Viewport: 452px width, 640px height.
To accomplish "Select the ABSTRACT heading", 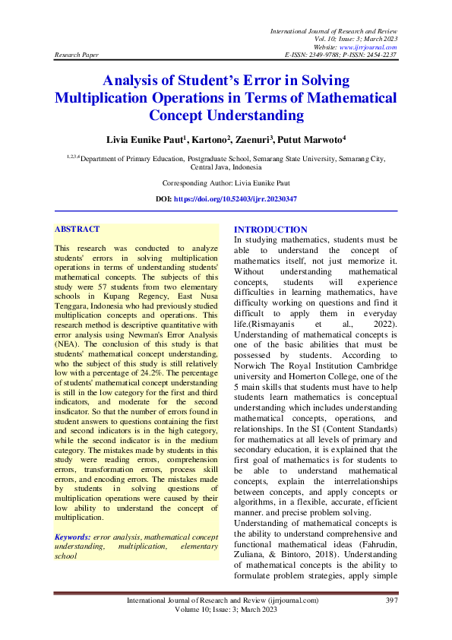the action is (x=77, y=229).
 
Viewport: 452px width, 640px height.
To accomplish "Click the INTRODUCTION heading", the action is (x=270, y=230).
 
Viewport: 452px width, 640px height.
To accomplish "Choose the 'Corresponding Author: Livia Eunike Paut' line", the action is (x=226, y=183).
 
